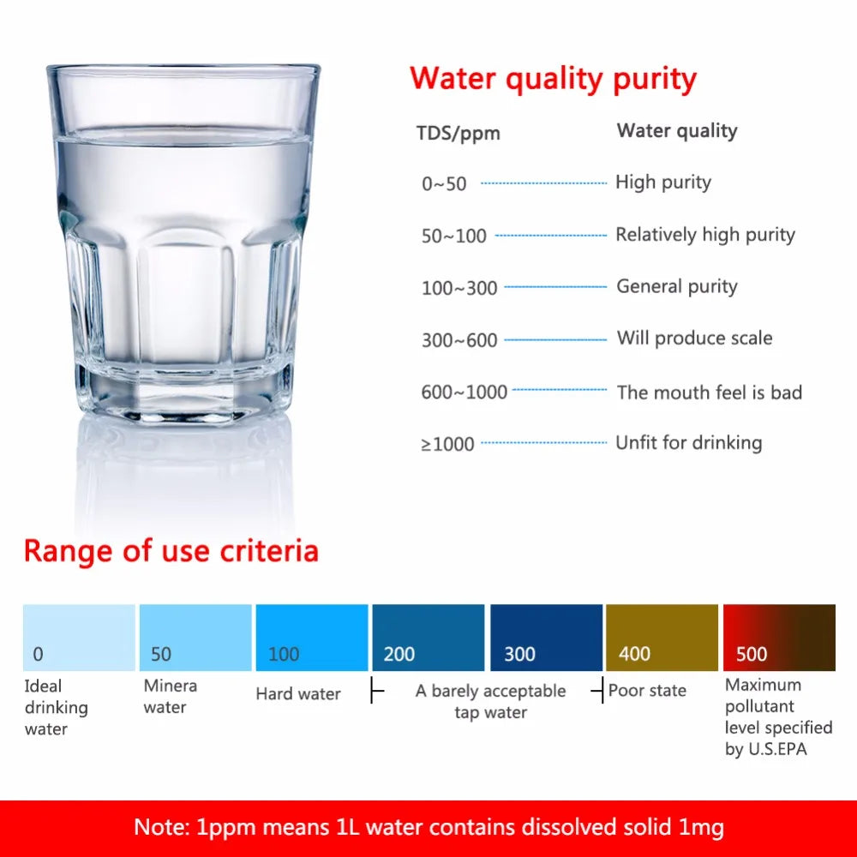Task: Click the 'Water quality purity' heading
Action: coord(553,80)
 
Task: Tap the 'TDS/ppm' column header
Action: coord(458,134)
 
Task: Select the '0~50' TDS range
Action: coord(444,183)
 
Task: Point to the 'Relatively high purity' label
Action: coord(705,235)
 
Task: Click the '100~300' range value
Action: coord(459,287)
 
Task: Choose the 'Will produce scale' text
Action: coord(695,339)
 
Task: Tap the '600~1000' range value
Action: coord(464,392)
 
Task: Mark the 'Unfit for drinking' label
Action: coord(689,443)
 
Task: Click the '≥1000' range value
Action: coord(447,444)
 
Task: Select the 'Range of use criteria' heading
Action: coord(171,551)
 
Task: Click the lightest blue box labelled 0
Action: coord(79,638)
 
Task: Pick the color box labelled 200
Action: coord(428,638)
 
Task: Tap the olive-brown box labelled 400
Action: coord(662,638)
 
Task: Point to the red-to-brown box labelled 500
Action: coord(779,638)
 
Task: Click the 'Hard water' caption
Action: coord(298,693)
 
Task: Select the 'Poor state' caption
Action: coord(647,690)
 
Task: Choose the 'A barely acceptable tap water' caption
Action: coord(490,702)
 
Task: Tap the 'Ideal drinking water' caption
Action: coord(56,707)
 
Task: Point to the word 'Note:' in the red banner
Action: coord(162,827)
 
